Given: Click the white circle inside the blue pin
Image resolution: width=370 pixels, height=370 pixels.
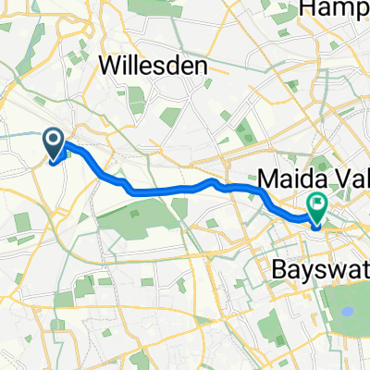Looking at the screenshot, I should click(53, 141).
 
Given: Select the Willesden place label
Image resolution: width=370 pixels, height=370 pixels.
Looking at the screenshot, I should click(154, 66).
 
